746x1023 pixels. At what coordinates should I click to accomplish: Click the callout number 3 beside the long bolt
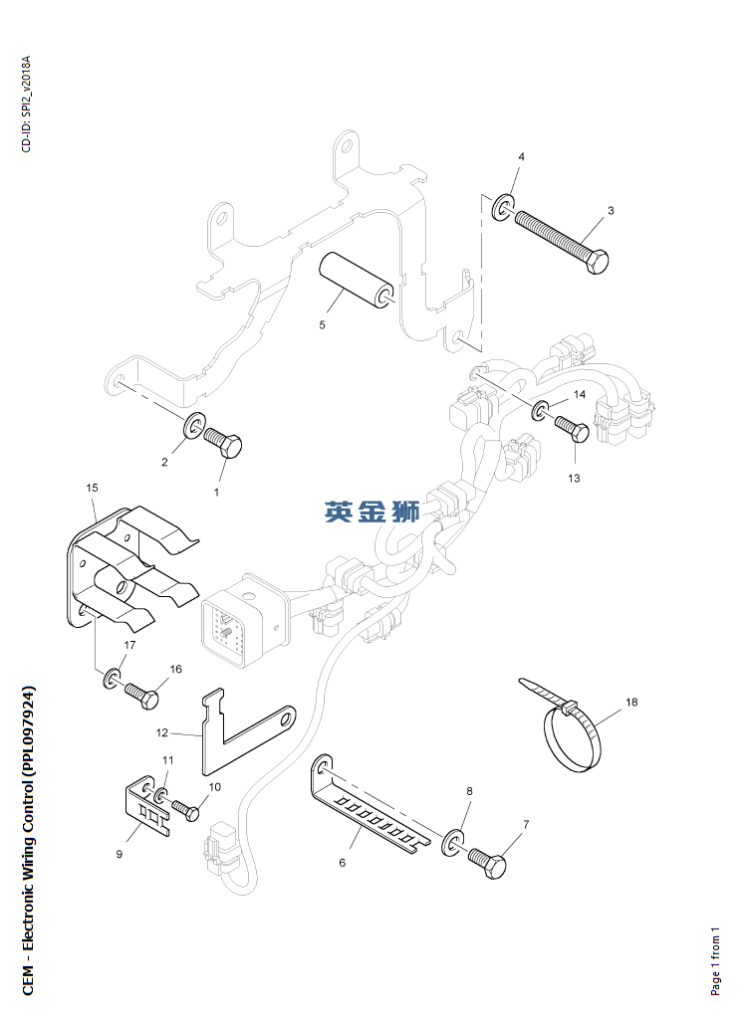pos(611,211)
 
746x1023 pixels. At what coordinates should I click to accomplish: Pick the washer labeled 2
pos(192,428)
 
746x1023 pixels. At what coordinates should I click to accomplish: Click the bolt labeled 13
pos(573,429)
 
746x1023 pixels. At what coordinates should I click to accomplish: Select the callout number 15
pos(92,488)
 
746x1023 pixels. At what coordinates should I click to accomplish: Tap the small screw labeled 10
pos(184,809)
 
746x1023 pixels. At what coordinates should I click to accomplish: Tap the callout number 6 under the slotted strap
pos(343,862)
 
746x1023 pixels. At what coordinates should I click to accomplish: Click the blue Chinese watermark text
pos(372,511)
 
